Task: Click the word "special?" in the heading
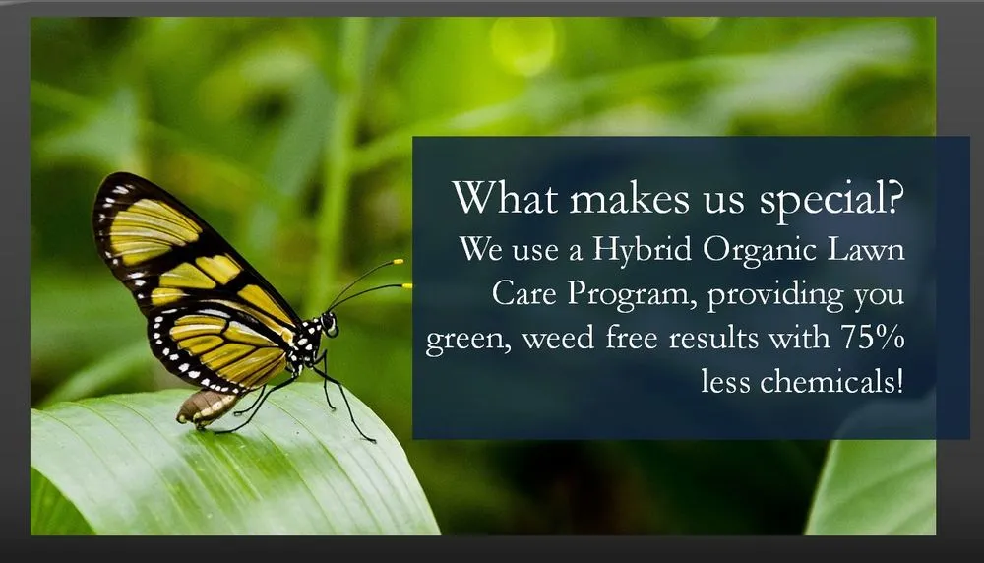point(832,200)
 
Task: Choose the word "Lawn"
point(867,250)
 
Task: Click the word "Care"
point(524,293)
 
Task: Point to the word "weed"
point(558,339)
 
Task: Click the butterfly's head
point(329,323)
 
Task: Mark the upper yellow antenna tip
point(398,261)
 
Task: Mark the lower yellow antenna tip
point(407,286)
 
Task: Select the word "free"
point(632,338)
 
